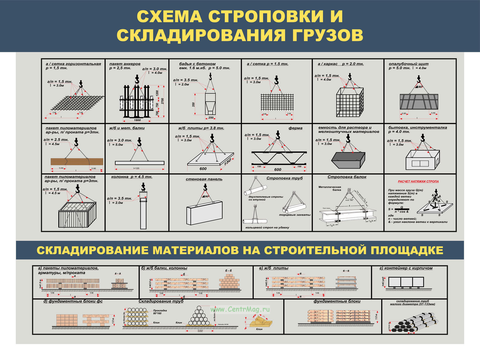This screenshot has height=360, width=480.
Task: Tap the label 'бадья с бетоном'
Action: pyautogui.click(x=197, y=64)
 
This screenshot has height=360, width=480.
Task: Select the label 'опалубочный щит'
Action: pyautogui.click(x=409, y=64)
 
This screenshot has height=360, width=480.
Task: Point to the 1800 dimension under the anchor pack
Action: pyautogui.click(x=137, y=120)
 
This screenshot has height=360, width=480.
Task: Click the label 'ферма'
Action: pyautogui.click(x=295, y=128)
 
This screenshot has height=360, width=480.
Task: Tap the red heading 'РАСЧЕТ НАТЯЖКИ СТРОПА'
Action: pyautogui.click(x=418, y=181)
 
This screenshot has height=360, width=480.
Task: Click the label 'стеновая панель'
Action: pyautogui.click(x=204, y=179)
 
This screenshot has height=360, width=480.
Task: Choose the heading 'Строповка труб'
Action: pyautogui.click(x=284, y=178)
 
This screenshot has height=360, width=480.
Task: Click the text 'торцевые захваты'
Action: pyautogui.click(x=295, y=215)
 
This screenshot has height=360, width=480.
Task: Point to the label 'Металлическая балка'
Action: pyautogui.click(x=330, y=188)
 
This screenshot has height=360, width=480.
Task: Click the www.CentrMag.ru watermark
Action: pyautogui.click(x=240, y=309)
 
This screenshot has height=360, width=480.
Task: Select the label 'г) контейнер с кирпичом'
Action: pyautogui.click(x=406, y=268)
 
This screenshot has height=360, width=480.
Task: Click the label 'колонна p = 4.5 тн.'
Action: pyautogui.click(x=132, y=177)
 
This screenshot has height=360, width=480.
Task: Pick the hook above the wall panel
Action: pyautogui.click(x=205, y=187)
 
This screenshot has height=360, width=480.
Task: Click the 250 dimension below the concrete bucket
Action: pyautogui.click(x=211, y=118)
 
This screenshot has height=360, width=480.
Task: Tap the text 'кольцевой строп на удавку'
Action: pyautogui.click(x=267, y=227)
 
